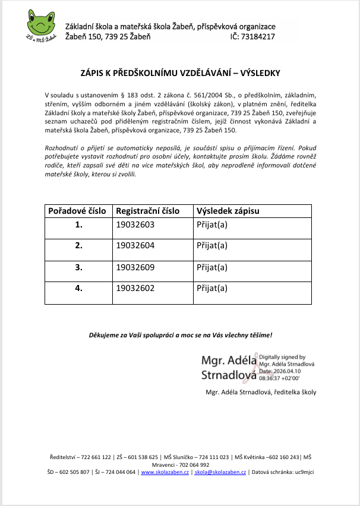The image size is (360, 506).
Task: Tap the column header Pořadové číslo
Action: (x=77, y=211)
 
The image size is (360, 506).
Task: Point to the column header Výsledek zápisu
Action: (x=228, y=211)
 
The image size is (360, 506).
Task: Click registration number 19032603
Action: (x=135, y=226)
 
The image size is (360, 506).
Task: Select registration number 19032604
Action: (x=135, y=246)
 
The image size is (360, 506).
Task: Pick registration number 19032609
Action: (x=135, y=267)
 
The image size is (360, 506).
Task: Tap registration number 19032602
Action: (x=135, y=289)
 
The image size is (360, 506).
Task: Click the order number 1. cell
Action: (x=78, y=226)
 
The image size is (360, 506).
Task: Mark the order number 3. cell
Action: (x=78, y=267)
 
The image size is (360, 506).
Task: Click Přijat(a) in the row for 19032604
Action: (x=212, y=246)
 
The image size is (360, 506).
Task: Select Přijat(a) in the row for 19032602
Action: (x=212, y=289)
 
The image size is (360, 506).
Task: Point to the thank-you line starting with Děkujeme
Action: (x=180, y=336)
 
